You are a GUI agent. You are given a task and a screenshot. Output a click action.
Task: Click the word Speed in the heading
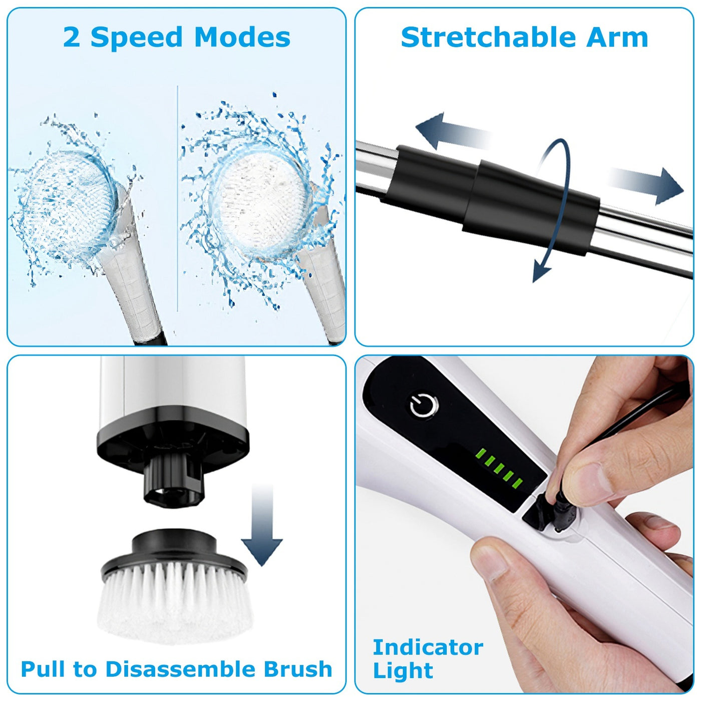pyautogui.click(x=136, y=38)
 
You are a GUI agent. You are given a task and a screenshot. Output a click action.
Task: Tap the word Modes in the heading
pyautogui.click(x=242, y=38)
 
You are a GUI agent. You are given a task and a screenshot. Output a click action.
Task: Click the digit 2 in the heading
pyautogui.click(x=72, y=38)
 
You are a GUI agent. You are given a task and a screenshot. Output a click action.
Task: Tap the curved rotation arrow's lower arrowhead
pyautogui.click(x=541, y=271)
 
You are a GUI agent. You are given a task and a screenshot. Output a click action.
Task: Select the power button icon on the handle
pyautogui.click(x=424, y=405)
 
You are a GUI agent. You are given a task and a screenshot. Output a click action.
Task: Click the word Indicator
pyautogui.click(x=428, y=647)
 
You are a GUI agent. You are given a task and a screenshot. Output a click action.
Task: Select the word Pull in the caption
pyautogui.click(x=44, y=669)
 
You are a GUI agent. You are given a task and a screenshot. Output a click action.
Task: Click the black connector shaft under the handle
pyautogui.click(x=173, y=481)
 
